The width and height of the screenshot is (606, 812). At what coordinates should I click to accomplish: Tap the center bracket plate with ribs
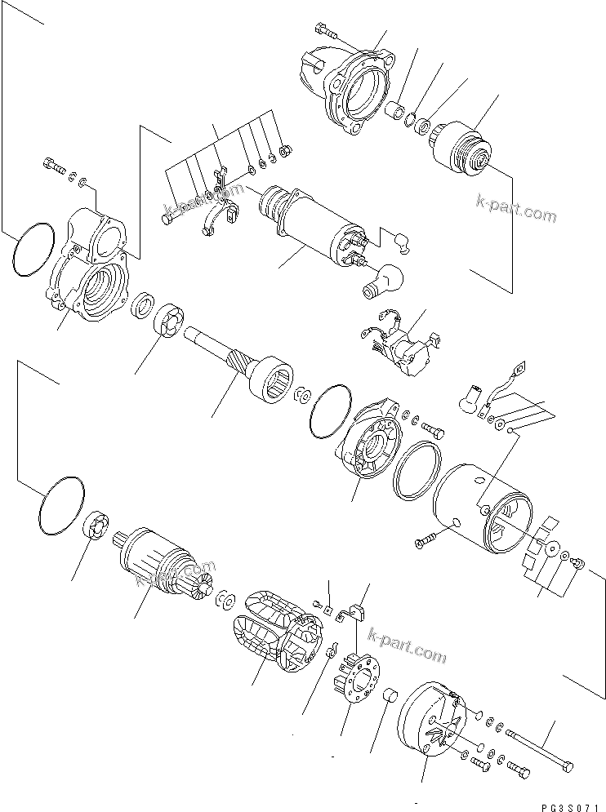pyautogui.click(x=372, y=440)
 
